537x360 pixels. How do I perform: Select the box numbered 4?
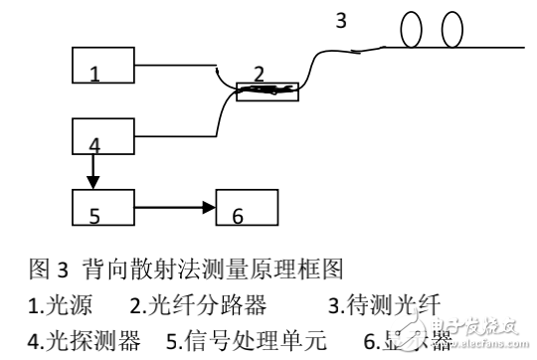click(103, 135)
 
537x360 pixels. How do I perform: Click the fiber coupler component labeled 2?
click(266, 90)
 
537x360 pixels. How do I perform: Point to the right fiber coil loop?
click(451, 29)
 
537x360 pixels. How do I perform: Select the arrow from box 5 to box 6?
click(174, 208)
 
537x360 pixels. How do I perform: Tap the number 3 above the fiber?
click(341, 19)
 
